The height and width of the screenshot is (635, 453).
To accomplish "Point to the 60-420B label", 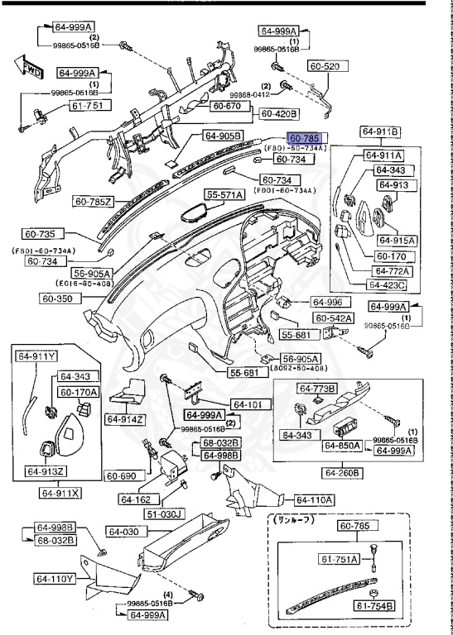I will (x=279, y=113).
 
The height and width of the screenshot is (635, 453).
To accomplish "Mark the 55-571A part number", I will (x=225, y=194).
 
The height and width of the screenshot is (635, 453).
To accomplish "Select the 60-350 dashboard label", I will (x=60, y=298).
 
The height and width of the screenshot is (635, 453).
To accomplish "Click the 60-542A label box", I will (x=333, y=317).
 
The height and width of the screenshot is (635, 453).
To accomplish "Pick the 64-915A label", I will (x=397, y=240).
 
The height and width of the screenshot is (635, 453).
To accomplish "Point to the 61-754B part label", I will (x=377, y=606).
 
